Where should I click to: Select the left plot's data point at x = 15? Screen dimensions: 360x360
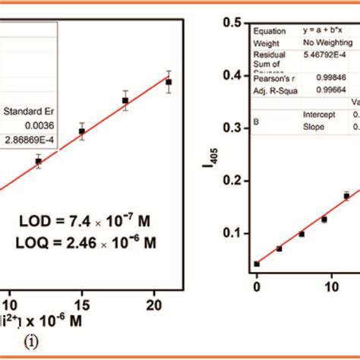(x=81, y=131)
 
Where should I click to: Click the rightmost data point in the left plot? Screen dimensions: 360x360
(x=169, y=81)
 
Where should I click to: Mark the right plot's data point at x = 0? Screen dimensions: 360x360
(x=257, y=264)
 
